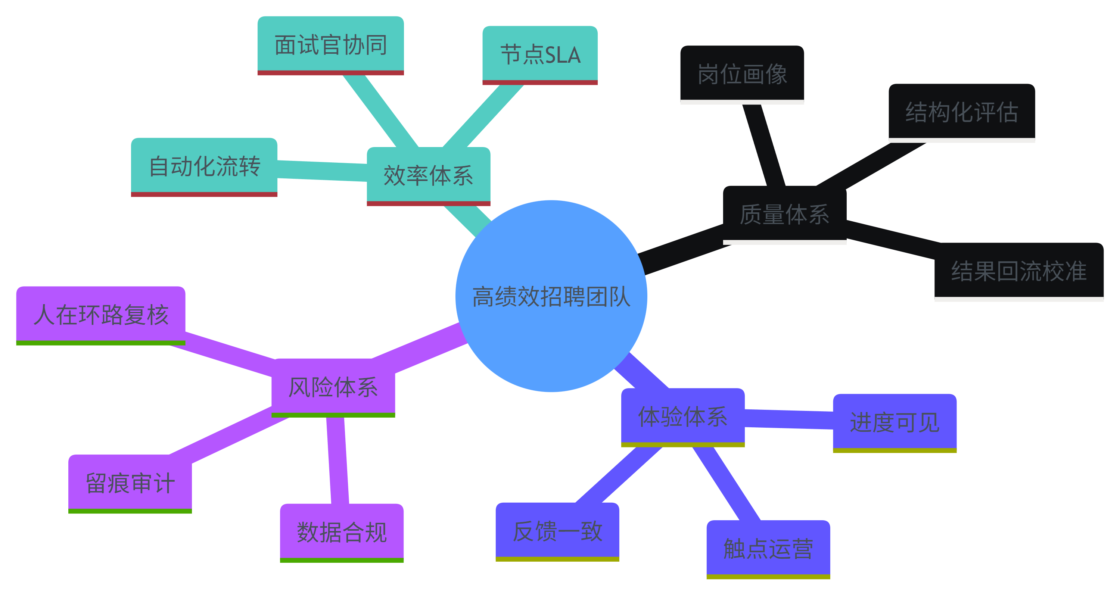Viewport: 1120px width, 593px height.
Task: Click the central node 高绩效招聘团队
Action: [x=551, y=296]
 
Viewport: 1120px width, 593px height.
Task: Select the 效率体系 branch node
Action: [x=428, y=175]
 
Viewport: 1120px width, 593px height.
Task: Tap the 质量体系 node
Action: [x=784, y=214]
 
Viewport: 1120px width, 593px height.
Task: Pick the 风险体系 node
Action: [x=333, y=387]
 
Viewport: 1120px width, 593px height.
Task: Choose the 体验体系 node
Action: [x=682, y=416]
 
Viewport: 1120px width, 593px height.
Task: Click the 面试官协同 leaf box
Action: [x=330, y=44]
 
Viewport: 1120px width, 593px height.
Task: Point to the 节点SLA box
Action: [x=540, y=54]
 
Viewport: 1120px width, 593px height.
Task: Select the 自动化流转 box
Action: [x=204, y=166]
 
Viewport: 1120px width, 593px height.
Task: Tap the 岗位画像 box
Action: [x=742, y=74]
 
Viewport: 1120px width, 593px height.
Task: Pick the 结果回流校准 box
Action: [x=1019, y=271]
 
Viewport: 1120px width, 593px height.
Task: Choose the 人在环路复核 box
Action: [x=100, y=314]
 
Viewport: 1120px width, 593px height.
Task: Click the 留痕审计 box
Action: [x=130, y=483]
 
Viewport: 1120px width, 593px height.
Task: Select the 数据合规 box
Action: [x=342, y=532]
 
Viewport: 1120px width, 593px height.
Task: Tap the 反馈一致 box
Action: [x=557, y=531]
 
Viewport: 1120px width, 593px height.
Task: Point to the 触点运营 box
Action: [x=768, y=548]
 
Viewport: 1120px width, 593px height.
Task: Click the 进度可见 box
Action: [x=895, y=422]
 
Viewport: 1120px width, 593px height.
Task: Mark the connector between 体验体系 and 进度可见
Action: [x=789, y=419]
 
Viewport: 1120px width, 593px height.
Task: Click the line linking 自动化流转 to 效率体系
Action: [x=322, y=171]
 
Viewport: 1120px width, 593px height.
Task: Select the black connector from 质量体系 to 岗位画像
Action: [x=763, y=146]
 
